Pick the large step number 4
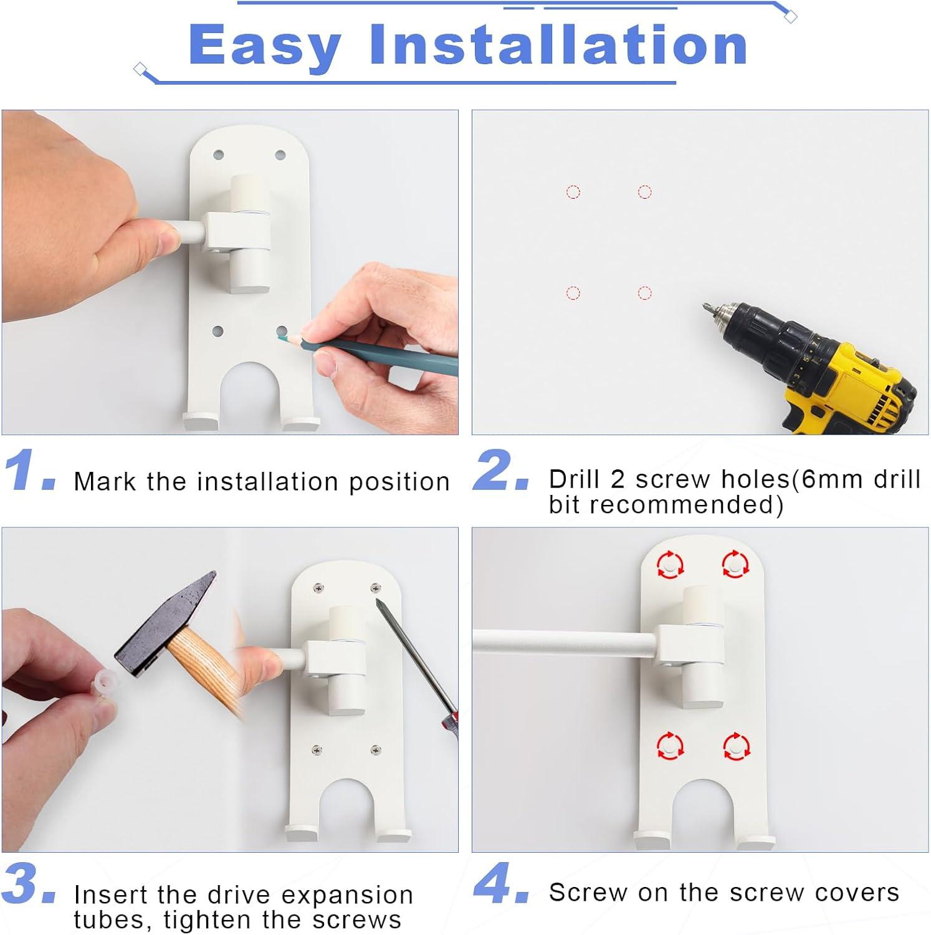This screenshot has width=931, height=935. [x=501, y=883]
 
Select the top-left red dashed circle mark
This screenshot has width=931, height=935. [x=573, y=191]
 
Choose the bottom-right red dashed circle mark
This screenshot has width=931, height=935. [x=645, y=292]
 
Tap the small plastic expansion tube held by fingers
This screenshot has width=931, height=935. [x=100, y=684]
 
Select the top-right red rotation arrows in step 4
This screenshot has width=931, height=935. [x=735, y=565]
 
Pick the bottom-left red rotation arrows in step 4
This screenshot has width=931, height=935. [x=671, y=746]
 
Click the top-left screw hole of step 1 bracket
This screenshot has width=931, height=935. [x=218, y=153]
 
